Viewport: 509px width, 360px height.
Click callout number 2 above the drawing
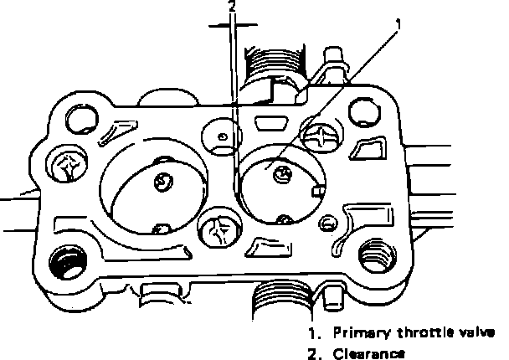(x=233, y=7)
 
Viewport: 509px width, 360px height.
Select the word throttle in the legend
(x=421, y=331)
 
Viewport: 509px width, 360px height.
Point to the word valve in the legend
(x=477, y=331)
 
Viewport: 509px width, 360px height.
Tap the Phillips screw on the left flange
(x=67, y=165)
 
